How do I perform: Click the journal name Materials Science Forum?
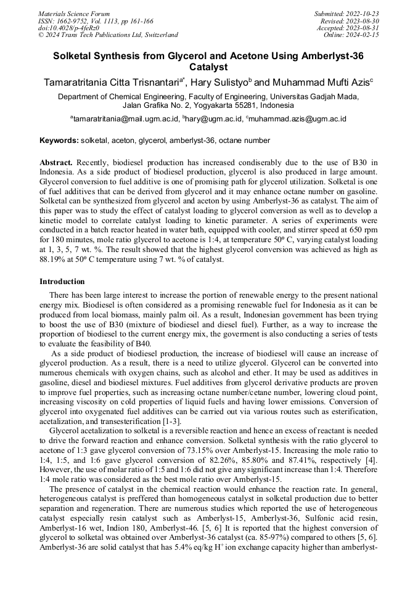[74, 14]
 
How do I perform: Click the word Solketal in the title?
[74, 55]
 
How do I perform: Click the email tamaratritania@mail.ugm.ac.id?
[123, 119]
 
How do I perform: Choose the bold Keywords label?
[59, 141]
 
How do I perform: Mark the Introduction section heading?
[62, 282]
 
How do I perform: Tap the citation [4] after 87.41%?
[372, 460]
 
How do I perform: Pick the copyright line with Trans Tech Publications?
[108, 35]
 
